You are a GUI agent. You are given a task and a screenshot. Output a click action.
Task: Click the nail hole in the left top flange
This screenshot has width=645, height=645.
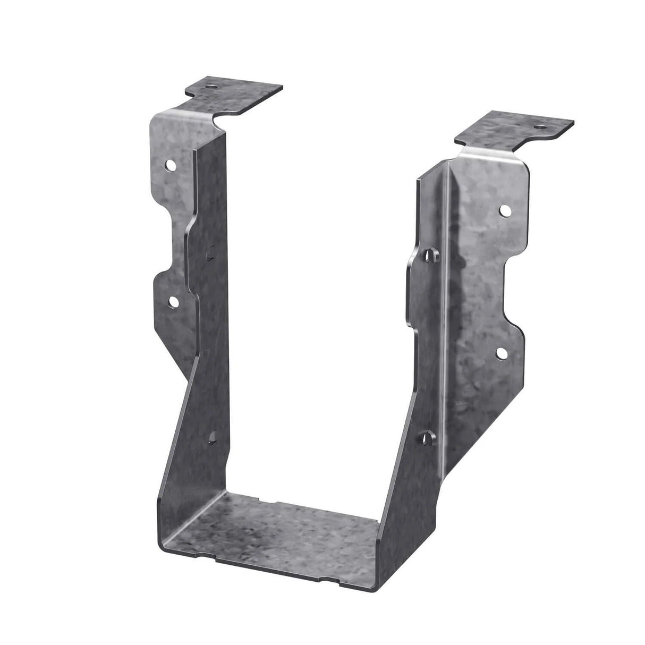point(213,85)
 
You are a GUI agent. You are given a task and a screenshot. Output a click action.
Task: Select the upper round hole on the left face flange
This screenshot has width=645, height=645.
point(172,166)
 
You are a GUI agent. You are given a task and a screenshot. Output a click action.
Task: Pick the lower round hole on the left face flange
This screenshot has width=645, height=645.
point(173,302)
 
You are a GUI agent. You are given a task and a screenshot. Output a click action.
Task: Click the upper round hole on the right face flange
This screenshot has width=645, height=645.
point(504,210)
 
